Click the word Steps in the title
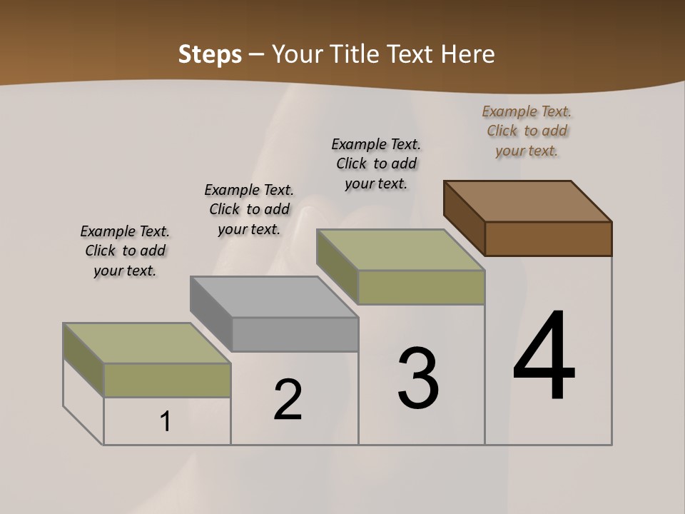point(210,54)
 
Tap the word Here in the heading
point(468,54)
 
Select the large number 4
point(544,357)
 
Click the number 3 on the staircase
point(418,378)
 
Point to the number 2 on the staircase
point(288,400)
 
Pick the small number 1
point(166,422)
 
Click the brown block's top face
point(528,201)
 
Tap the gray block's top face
point(274,297)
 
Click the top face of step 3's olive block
point(401,250)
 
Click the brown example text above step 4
point(527,131)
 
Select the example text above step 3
point(376,163)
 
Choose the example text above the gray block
point(249,209)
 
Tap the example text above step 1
point(125,251)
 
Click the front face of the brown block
point(548,238)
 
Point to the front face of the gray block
point(295,334)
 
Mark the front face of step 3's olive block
point(421,287)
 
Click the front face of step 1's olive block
point(167,380)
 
